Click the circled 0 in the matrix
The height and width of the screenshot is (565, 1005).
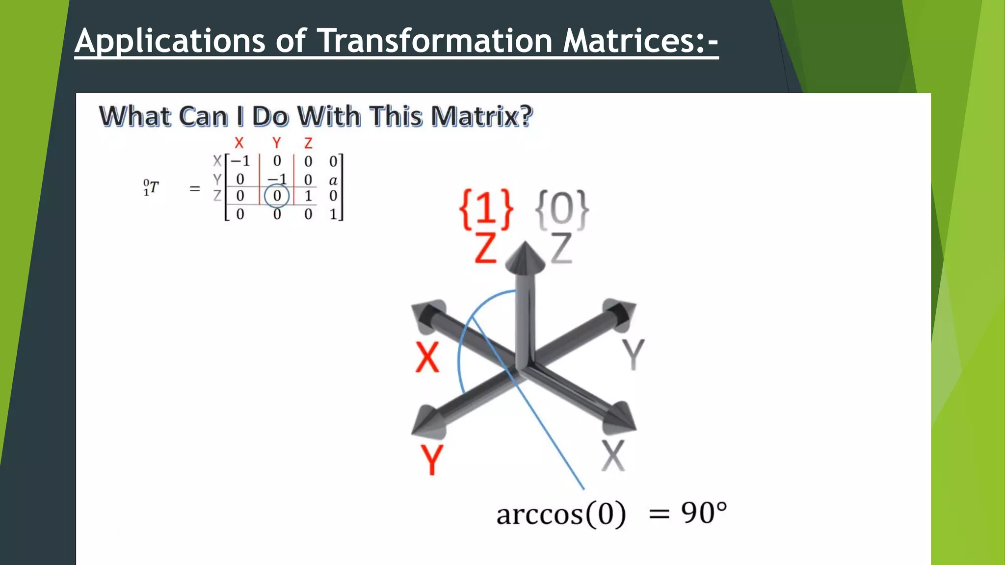(277, 196)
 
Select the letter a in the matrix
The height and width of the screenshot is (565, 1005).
(333, 180)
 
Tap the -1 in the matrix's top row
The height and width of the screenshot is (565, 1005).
(240, 161)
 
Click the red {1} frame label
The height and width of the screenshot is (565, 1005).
(486, 209)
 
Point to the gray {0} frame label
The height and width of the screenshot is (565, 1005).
(561, 209)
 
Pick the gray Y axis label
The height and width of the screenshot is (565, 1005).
(633, 354)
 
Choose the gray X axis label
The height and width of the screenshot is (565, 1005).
(613, 455)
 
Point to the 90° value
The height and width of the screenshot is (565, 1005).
(703, 514)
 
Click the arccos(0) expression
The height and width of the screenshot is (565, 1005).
(561, 514)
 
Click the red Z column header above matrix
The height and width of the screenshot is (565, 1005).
(308, 143)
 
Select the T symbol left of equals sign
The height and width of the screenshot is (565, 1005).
(154, 187)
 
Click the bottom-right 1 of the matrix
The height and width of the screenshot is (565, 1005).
(333, 214)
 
